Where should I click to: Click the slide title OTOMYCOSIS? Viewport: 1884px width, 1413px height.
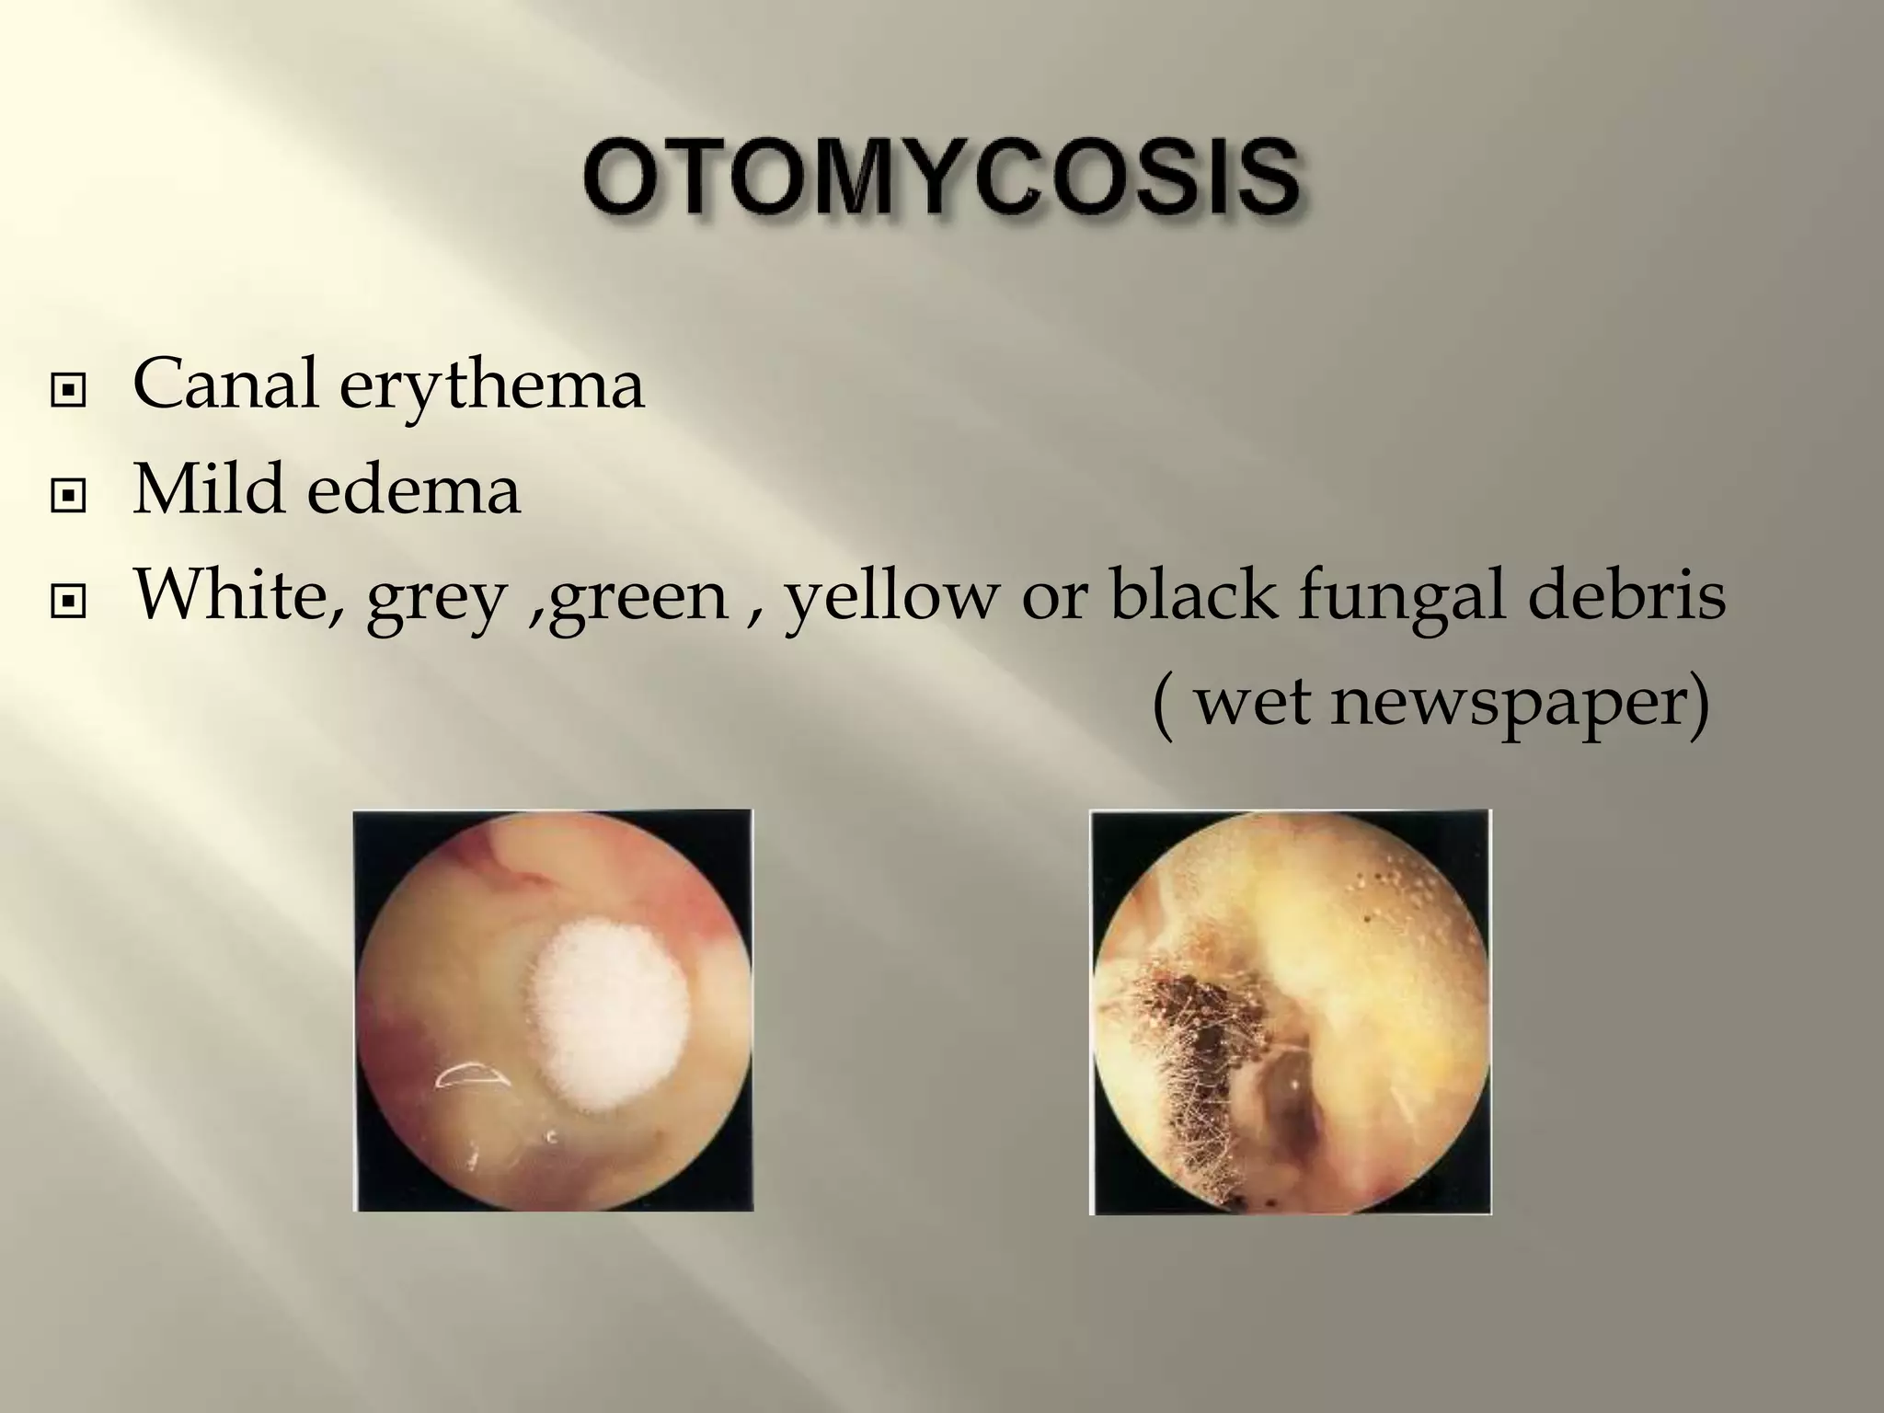(x=941, y=177)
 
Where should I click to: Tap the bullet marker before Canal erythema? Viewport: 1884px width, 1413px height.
(x=69, y=391)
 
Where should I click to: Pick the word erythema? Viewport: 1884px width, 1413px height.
(x=491, y=386)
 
